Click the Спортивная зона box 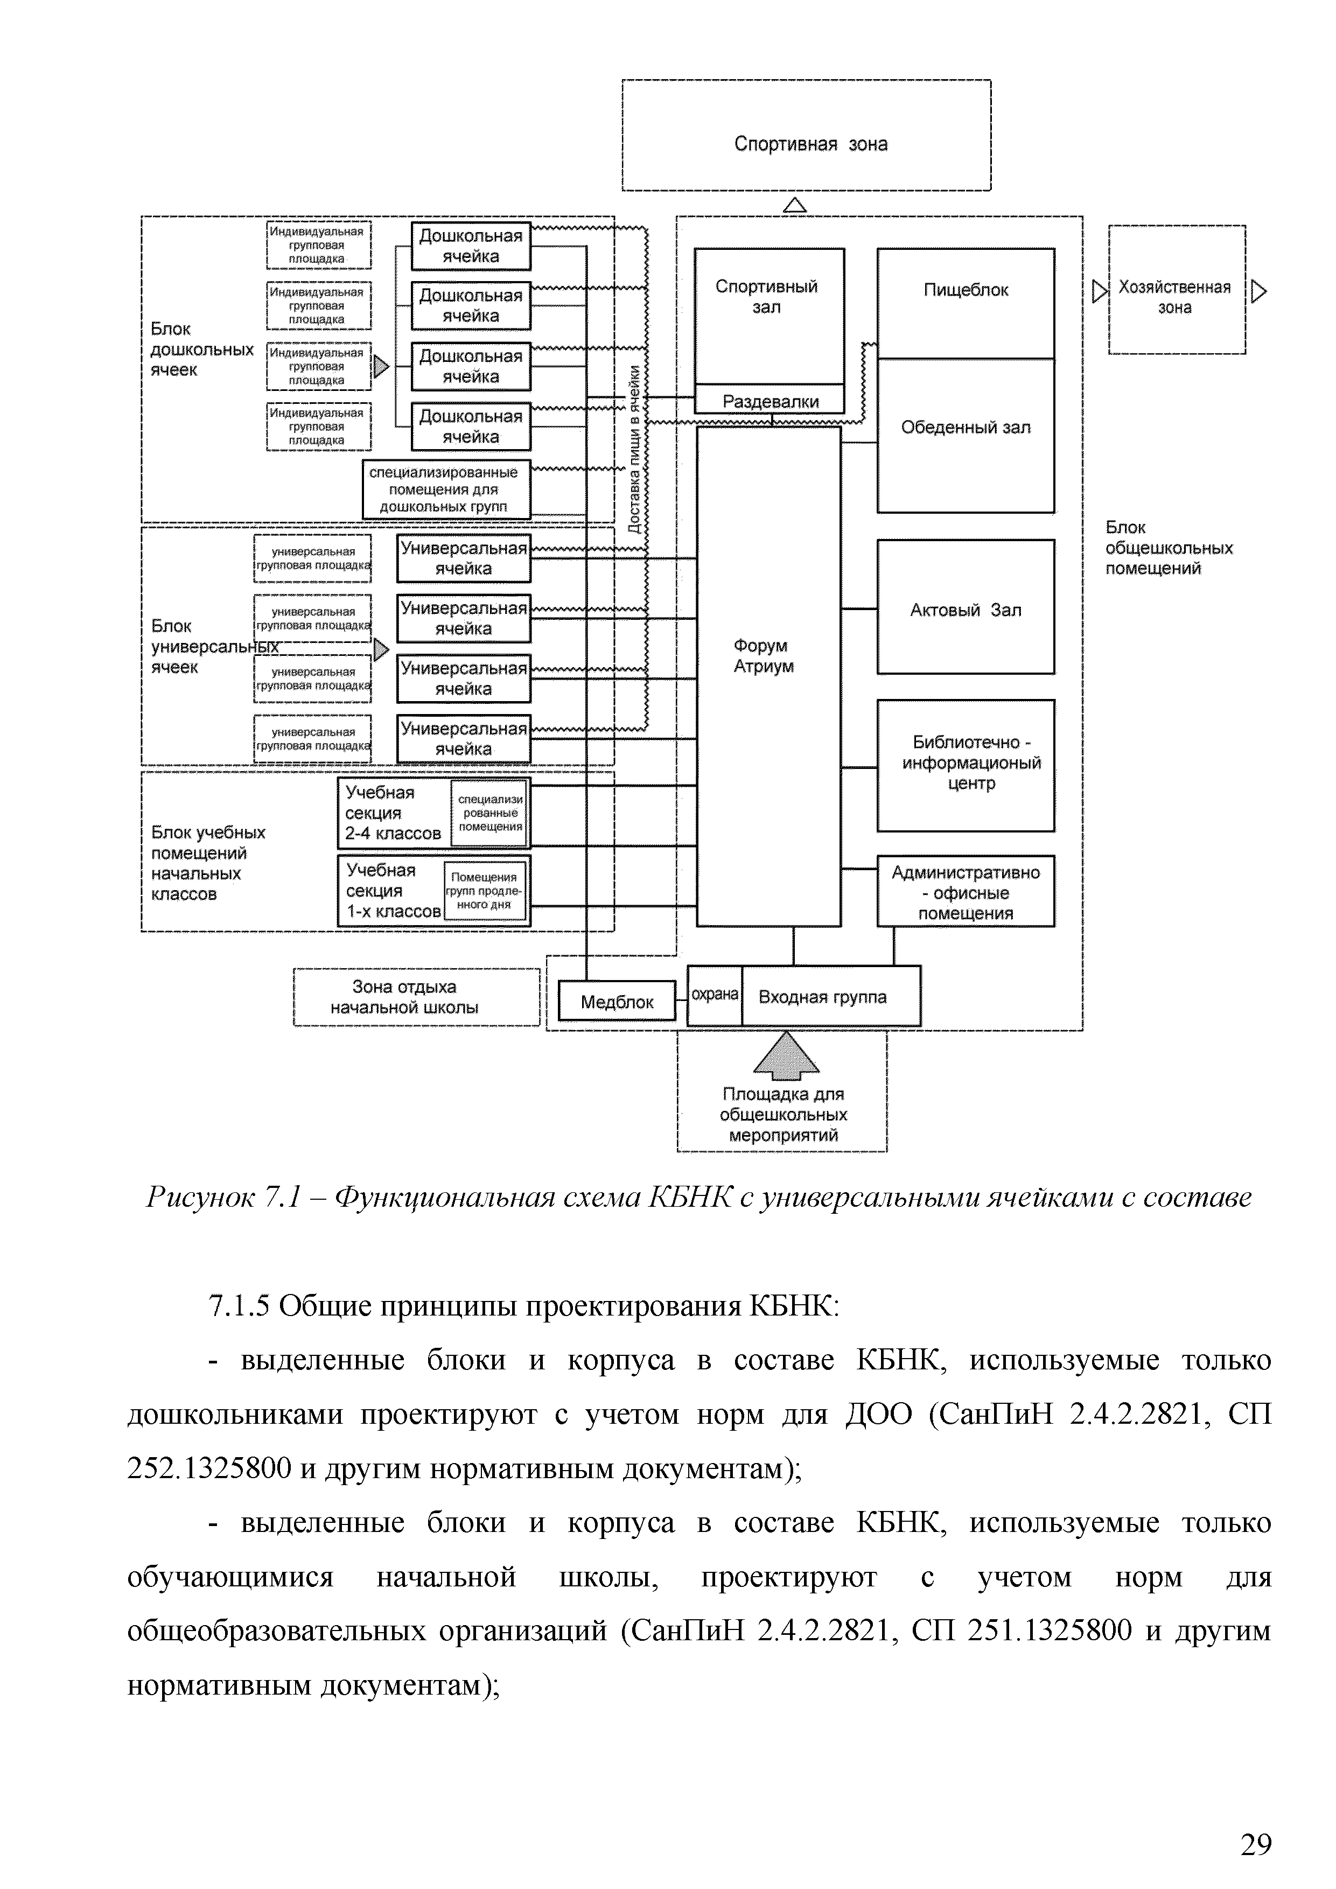click(x=806, y=136)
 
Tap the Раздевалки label click(x=770, y=402)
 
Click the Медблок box click(x=616, y=1001)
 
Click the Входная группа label click(x=823, y=997)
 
